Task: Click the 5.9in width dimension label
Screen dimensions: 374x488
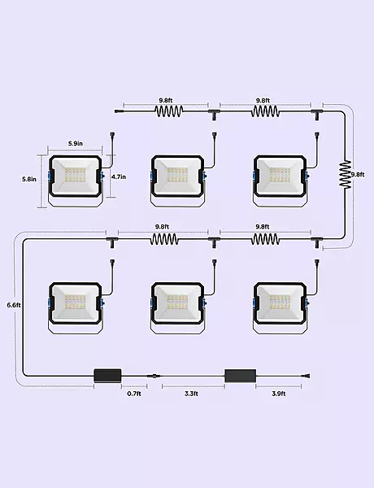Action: pyautogui.click(x=76, y=143)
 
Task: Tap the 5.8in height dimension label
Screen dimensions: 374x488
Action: pyautogui.click(x=29, y=179)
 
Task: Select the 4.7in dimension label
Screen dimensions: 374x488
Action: pyautogui.click(x=119, y=176)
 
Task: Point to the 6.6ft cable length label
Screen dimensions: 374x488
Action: pyautogui.click(x=14, y=305)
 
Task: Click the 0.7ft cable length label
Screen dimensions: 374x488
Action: pyautogui.click(x=134, y=394)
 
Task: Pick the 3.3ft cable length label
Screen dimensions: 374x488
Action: pyautogui.click(x=191, y=394)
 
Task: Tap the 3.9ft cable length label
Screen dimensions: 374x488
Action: pyautogui.click(x=279, y=394)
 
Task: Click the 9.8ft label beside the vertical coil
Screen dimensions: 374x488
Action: pyautogui.click(x=358, y=175)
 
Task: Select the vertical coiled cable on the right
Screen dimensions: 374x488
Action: pyautogui.click(x=345, y=174)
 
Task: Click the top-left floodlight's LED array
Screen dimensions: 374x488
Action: pyautogui.click(x=75, y=176)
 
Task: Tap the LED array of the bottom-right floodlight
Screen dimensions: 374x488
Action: pyautogui.click(x=280, y=303)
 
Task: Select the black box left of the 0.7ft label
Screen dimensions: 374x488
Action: pyautogui.click(x=107, y=376)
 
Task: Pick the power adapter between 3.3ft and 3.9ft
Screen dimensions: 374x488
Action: pyautogui.click(x=240, y=376)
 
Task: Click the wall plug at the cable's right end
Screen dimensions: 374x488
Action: pyautogui.click(x=307, y=377)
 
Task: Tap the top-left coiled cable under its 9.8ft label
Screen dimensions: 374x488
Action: pyautogui.click(x=168, y=111)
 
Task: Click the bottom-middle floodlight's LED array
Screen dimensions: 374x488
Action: pyautogui.click(x=177, y=303)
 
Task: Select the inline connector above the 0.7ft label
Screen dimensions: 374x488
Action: pyautogui.click(x=155, y=376)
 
